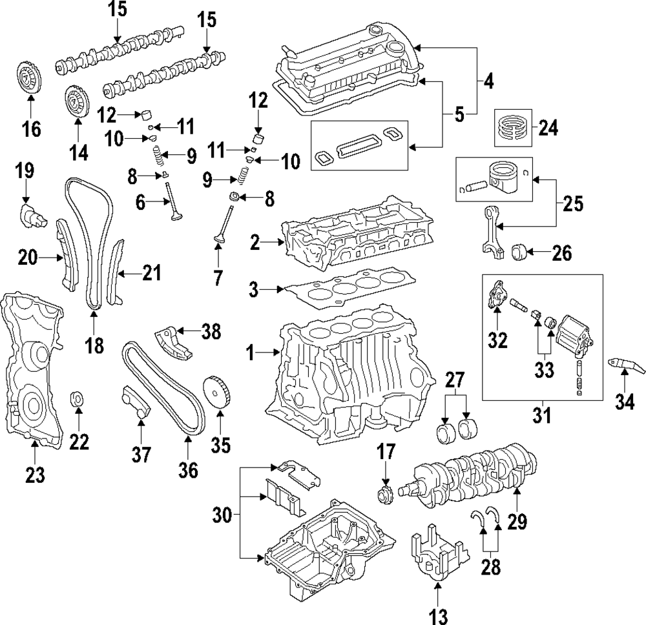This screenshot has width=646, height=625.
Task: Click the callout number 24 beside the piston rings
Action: coord(548,128)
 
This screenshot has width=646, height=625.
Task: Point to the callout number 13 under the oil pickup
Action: coord(437,617)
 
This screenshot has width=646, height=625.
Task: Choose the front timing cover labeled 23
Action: coord(32,371)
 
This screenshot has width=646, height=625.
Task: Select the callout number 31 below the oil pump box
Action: coord(542,415)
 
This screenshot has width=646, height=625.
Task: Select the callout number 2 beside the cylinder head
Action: coord(255,243)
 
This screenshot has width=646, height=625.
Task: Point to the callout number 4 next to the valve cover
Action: coord(488,81)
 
